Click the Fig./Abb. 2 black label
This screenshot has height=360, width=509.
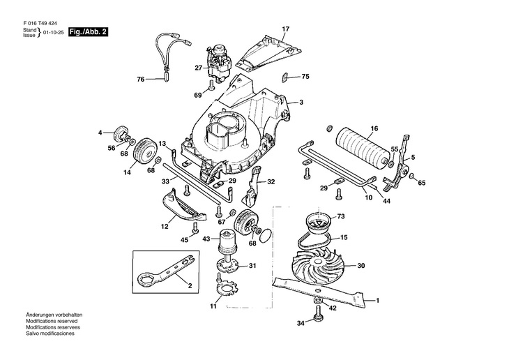tap(88, 32)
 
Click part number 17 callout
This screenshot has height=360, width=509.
tap(284, 29)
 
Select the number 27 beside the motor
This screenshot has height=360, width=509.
tap(198, 68)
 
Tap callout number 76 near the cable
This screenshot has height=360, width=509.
tap(140, 80)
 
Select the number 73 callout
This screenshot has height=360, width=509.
tap(341, 217)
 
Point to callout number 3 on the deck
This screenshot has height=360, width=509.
tap(301, 103)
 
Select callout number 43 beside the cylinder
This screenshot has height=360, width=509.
tap(206, 239)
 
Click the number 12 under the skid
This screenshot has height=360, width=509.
tap(165, 227)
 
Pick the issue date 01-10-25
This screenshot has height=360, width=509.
tap(53, 33)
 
